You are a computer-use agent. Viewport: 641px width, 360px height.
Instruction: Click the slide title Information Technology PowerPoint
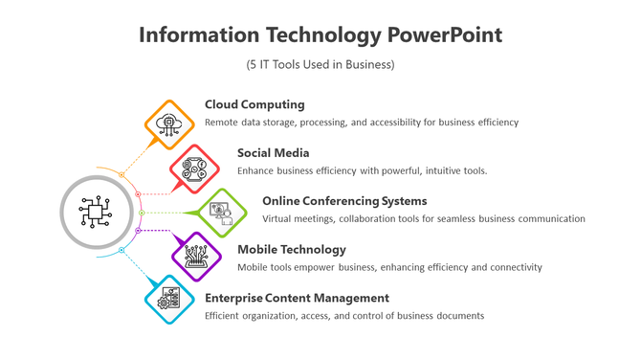click(x=320, y=35)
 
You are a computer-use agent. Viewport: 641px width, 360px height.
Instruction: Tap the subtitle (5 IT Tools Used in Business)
click(x=320, y=65)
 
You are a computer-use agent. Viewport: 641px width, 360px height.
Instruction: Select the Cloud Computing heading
click(x=254, y=104)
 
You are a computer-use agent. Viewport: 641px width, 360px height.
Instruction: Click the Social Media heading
click(x=274, y=152)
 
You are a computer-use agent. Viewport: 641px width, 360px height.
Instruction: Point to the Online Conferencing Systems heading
click(x=344, y=201)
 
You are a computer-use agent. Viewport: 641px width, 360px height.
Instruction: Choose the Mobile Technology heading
click(x=292, y=249)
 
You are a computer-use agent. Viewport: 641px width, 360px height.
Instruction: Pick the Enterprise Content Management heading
click(x=297, y=298)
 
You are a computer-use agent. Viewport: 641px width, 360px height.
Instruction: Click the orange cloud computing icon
click(x=168, y=123)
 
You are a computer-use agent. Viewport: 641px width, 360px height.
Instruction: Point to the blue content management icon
click(x=168, y=300)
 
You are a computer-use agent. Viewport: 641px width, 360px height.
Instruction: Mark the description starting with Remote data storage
click(x=362, y=123)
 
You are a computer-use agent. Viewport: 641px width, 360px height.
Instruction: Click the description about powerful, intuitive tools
click(x=363, y=170)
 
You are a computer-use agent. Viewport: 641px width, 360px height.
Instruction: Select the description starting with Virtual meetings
click(x=423, y=218)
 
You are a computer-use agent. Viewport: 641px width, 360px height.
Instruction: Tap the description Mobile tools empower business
click(x=389, y=267)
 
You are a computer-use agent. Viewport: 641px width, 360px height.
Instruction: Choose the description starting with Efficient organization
click(x=344, y=315)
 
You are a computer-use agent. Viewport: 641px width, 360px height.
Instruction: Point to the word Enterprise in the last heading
click(x=237, y=298)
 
